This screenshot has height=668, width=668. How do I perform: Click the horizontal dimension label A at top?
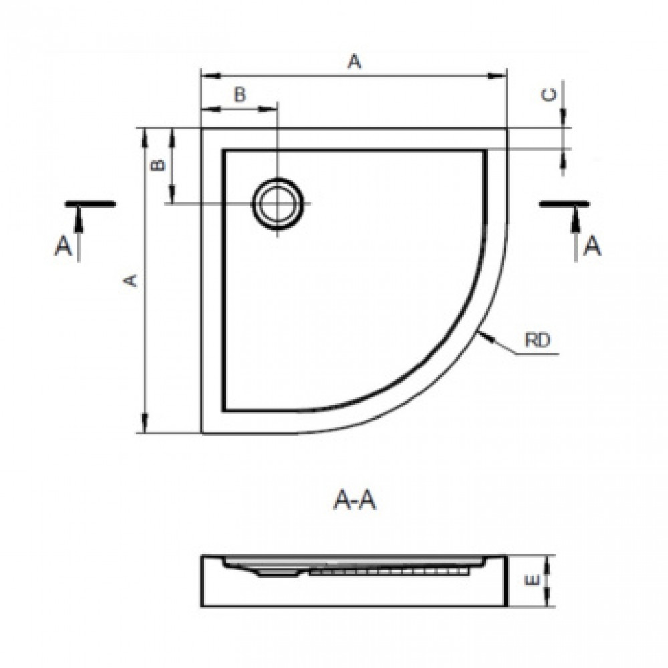coord(355,61)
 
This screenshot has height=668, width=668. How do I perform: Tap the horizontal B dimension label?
coord(240,94)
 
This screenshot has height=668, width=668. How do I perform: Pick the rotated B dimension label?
coord(158,164)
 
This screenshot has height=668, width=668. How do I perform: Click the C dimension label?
coord(550,95)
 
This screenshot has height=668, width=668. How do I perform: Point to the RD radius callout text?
coord(538,340)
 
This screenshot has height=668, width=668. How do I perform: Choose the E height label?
coord(533,580)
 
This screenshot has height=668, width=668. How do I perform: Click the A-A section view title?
coord(355,499)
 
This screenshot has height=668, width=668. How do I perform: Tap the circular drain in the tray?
coord(278,204)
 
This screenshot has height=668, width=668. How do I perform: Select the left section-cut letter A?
coord(63,246)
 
